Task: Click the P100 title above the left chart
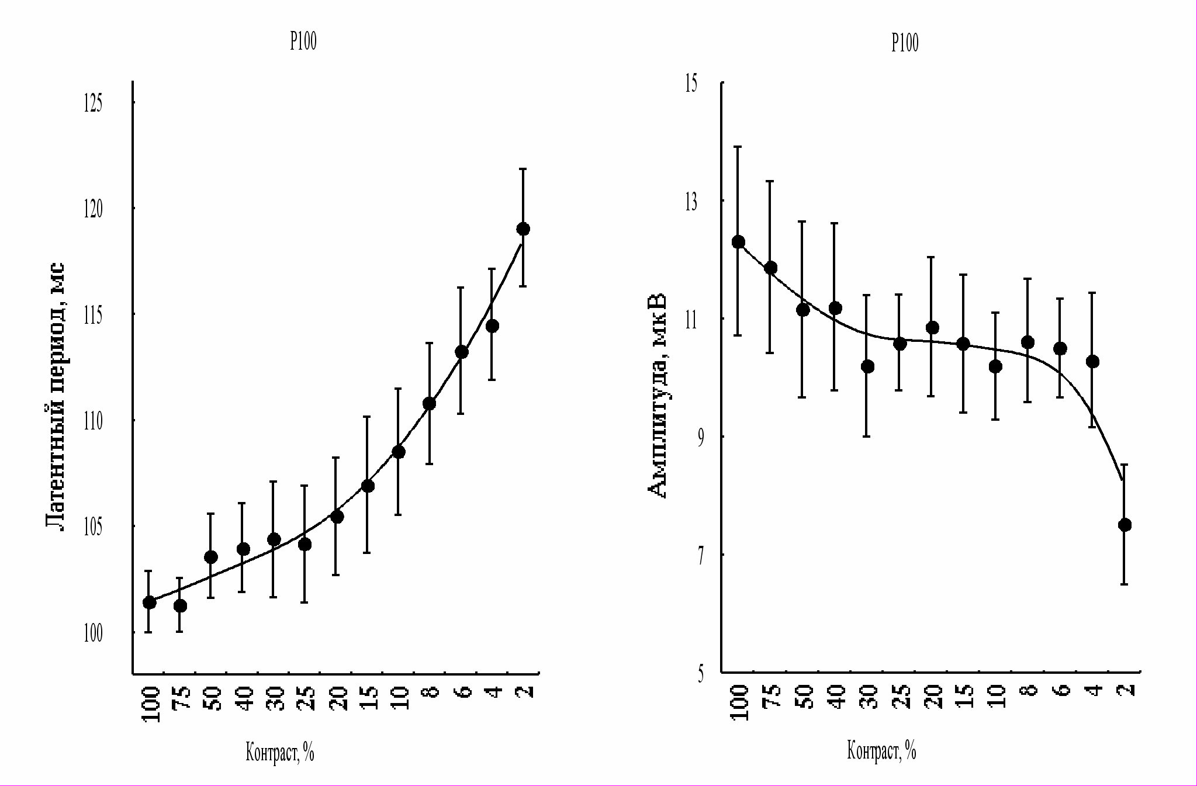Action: pyautogui.click(x=303, y=42)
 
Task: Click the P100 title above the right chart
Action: pyautogui.click(x=905, y=43)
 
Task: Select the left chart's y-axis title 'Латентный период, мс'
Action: pyautogui.click(x=56, y=397)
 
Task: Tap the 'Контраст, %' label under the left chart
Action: pyautogui.click(x=280, y=753)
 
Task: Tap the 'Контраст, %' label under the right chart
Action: pyautogui.click(x=881, y=750)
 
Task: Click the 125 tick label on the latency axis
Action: pyautogui.click(x=92, y=103)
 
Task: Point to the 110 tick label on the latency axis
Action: pyautogui.click(x=92, y=421)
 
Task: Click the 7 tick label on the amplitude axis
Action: pyautogui.click(x=701, y=555)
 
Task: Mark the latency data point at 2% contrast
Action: pyautogui.click(x=523, y=228)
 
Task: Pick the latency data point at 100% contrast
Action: pyautogui.click(x=149, y=603)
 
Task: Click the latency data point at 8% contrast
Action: pyautogui.click(x=429, y=403)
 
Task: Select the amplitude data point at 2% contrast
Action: pyautogui.click(x=1125, y=525)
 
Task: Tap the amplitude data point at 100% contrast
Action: pyautogui.click(x=738, y=242)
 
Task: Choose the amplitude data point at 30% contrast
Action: pyautogui.click(x=867, y=366)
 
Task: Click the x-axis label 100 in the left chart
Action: pyautogui.click(x=151, y=704)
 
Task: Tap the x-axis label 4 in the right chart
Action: pyautogui.click(x=1095, y=690)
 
